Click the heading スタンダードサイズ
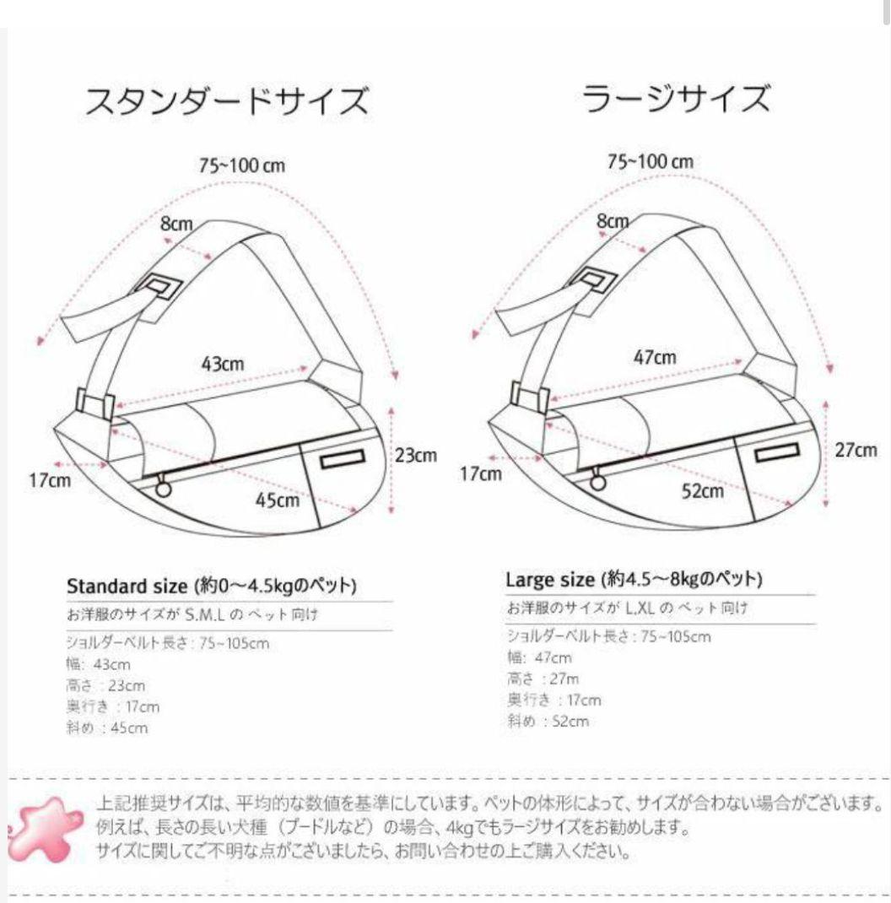[227, 102]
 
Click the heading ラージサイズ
[676, 98]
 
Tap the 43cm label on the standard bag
[223, 364]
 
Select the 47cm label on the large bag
[655, 357]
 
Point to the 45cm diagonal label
[278, 500]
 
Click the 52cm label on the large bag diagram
[703, 490]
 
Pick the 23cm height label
[416, 455]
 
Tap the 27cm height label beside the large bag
[856, 450]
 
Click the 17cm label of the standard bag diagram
[47, 481]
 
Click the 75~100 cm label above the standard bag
[242, 165]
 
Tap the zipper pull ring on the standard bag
[162, 487]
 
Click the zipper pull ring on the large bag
[598, 482]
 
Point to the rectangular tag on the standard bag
[341, 459]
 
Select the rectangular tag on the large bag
[775, 453]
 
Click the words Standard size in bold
[126, 586]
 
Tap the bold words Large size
[551, 580]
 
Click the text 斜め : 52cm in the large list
[548, 721]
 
